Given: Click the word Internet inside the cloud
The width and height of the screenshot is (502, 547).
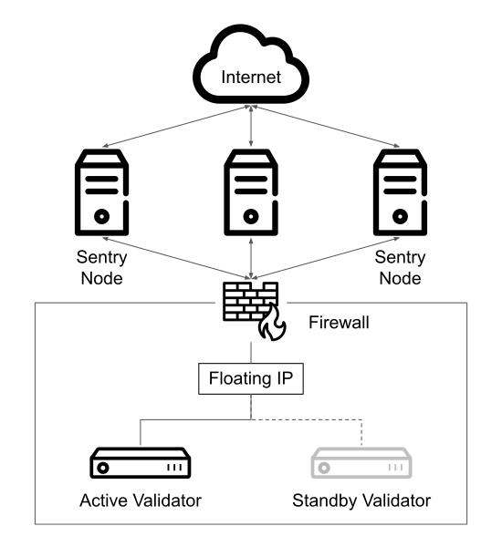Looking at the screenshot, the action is [x=251, y=77].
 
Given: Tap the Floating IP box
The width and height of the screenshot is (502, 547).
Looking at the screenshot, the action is [x=251, y=379].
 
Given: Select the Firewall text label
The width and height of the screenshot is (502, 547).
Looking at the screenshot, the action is [x=339, y=322].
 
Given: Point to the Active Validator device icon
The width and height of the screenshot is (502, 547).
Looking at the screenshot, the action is [x=140, y=463].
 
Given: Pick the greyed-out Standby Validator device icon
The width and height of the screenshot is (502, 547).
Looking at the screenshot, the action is [x=361, y=463].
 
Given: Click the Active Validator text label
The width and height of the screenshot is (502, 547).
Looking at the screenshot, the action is [x=141, y=501].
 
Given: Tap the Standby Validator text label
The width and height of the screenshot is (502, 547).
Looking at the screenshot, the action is [x=361, y=501].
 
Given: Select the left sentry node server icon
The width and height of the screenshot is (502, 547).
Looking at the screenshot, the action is [x=101, y=192].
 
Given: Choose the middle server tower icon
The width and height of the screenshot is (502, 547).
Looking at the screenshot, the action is [x=251, y=192].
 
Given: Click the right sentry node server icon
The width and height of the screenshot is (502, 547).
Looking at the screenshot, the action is [x=400, y=192].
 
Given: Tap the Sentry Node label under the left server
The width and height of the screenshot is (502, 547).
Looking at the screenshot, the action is [x=101, y=268].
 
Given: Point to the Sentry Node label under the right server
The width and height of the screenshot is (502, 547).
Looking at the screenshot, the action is [x=400, y=268].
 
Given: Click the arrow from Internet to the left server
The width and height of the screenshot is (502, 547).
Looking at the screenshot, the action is [x=176, y=127].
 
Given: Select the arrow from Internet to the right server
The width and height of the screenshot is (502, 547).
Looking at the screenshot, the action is [x=326, y=127].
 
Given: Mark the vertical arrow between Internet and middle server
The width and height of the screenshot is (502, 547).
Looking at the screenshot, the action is [x=251, y=125].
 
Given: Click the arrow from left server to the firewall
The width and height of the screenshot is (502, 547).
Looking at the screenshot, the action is [x=176, y=259].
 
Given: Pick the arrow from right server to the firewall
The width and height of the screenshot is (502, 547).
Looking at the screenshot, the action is [x=325, y=259].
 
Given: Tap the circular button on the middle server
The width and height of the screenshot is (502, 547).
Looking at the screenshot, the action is [x=251, y=217].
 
